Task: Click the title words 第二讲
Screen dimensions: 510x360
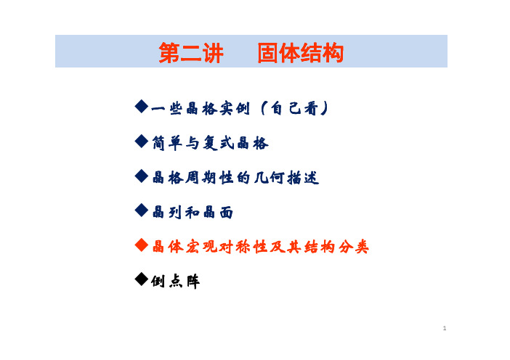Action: [x=191, y=53]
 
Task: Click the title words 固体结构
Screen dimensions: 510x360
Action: [x=301, y=53]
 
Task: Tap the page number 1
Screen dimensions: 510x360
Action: [x=445, y=328]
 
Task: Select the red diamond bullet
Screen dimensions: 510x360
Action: [x=142, y=245]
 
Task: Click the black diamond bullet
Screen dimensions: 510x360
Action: [x=142, y=279]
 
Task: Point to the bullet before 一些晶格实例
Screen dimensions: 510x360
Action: [x=142, y=107]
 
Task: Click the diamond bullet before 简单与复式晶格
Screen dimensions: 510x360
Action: [x=142, y=142]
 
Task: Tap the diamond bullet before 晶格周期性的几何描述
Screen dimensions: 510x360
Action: [x=142, y=176]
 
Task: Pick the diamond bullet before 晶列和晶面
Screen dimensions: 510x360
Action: [x=142, y=210]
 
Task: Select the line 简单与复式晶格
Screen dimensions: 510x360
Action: [x=211, y=143]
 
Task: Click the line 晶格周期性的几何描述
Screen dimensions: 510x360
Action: [x=235, y=178]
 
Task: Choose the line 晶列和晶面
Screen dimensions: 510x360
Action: [x=193, y=213]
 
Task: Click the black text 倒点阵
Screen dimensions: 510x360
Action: [x=175, y=282]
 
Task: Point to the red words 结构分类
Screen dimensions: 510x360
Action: [x=336, y=247]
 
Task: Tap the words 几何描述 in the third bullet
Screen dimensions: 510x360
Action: [x=286, y=178]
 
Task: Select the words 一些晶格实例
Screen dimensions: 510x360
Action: [x=201, y=109]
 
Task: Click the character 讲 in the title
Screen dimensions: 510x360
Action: [x=213, y=53]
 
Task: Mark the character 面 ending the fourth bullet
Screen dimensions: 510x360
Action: [x=227, y=213]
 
